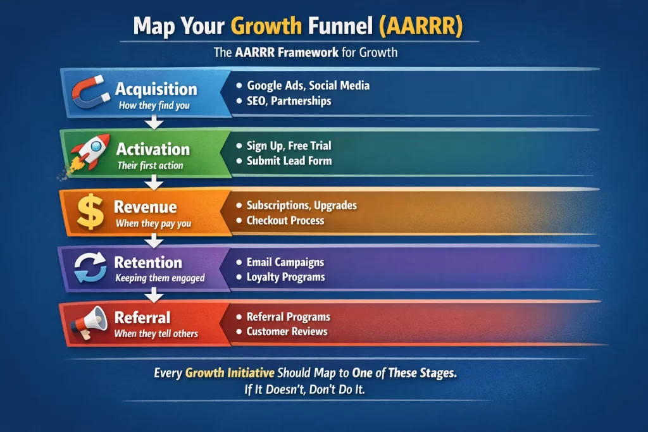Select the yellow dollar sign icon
90,212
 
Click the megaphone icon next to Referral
89,323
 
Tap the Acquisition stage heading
156,89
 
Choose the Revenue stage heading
145,207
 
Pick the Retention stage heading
148,262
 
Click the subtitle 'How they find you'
154,106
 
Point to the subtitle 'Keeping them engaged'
160,278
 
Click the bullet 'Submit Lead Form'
289,161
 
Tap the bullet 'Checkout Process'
285,221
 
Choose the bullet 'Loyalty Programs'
285,277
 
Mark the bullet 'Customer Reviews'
287,331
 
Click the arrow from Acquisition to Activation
151,121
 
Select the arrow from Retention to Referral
151,295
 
